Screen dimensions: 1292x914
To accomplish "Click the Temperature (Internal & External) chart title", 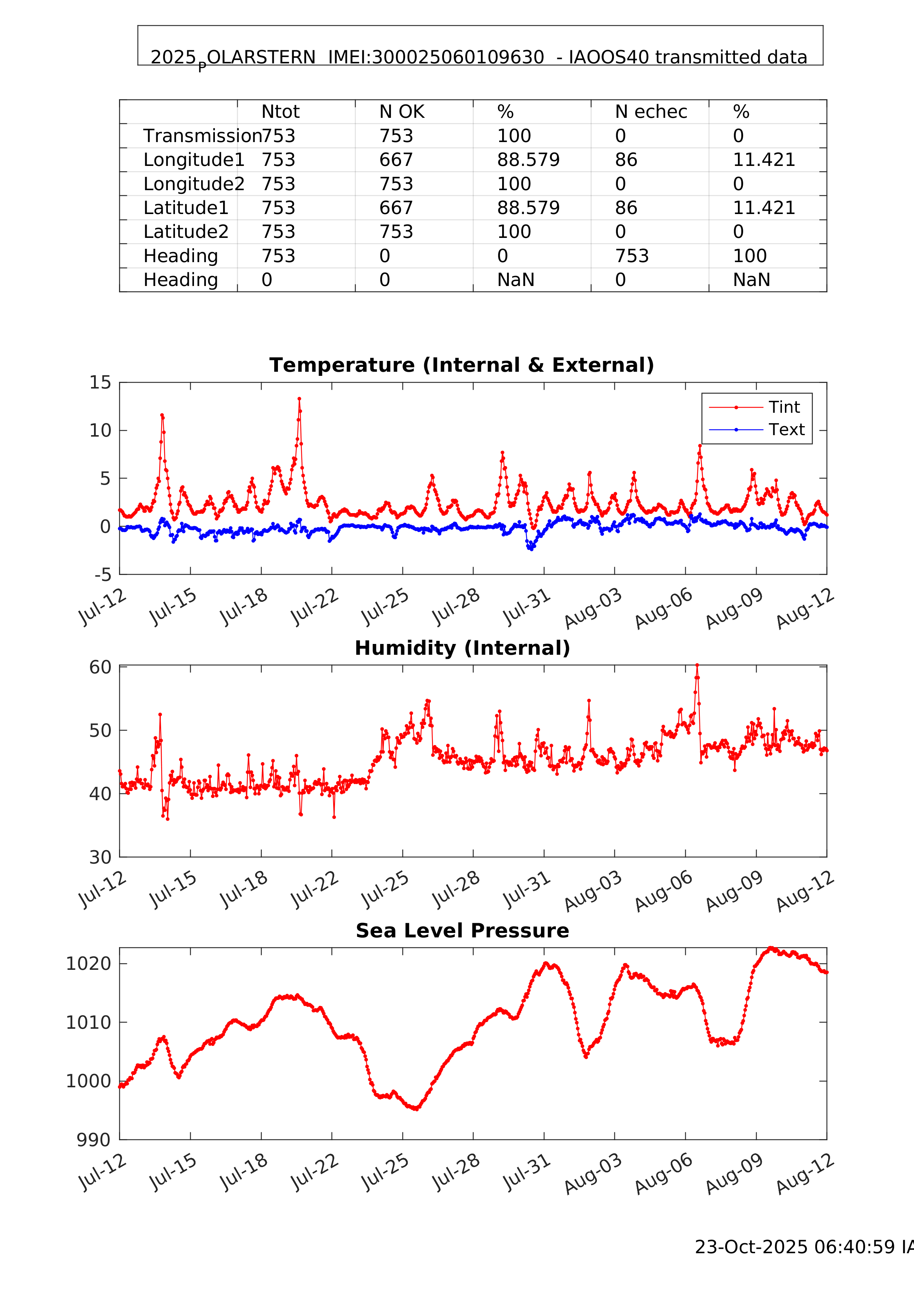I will click(x=462, y=365).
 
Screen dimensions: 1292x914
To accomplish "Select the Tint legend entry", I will click(x=784, y=407).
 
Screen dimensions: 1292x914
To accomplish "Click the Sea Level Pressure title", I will click(x=462, y=931).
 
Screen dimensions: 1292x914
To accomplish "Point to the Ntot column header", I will click(x=281, y=112).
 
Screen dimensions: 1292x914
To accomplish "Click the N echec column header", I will click(x=651, y=112).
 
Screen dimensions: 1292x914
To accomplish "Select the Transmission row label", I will click(x=201, y=136).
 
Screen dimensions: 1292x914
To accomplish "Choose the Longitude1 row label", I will click(x=194, y=160).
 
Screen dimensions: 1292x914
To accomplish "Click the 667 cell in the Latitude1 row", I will click(x=396, y=208).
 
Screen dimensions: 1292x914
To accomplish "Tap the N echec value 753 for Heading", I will click(x=632, y=256).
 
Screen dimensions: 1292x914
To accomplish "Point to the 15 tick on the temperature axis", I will click(x=100, y=383).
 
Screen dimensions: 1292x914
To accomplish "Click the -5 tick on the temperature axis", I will click(x=103, y=575).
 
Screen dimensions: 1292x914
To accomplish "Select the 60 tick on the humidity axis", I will click(x=100, y=667).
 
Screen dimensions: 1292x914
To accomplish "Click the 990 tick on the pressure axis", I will click(x=94, y=1140).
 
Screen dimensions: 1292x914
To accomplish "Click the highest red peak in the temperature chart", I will click(x=299, y=398).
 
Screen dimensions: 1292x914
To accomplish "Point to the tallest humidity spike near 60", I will click(x=697, y=665).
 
